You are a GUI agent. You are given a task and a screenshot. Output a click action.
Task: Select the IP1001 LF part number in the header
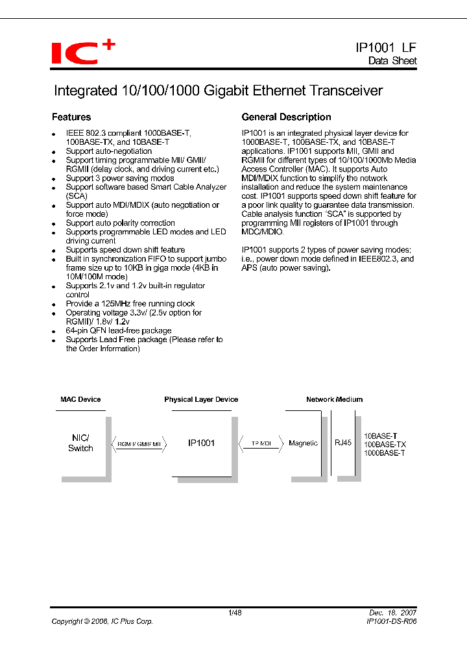(386, 47)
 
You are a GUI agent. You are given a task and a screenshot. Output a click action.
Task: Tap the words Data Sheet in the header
(392, 61)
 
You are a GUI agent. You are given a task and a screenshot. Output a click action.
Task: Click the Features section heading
(71, 118)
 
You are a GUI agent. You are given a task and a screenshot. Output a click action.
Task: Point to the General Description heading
(286, 118)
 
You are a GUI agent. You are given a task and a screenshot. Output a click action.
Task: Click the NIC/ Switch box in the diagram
(80, 443)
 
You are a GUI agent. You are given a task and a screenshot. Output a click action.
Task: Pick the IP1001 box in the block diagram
(201, 443)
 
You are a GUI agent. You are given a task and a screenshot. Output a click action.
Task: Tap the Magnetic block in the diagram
(303, 443)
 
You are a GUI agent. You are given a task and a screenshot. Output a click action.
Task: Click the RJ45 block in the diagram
(342, 443)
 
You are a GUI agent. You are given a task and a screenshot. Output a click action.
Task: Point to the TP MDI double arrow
(261, 443)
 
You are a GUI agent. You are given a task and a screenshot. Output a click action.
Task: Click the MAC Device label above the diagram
(80, 399)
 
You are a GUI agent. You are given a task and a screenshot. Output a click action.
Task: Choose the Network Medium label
(334, 399)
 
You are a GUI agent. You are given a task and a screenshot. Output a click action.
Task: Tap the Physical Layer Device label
(201, 399)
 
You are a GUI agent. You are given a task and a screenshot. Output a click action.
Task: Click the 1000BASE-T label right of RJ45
(385, 452)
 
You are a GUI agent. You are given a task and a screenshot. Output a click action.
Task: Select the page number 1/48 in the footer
(235, 612)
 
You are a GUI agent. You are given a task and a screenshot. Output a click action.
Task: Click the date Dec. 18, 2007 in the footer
(393, 612)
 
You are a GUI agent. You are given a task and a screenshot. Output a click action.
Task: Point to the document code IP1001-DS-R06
(391, 621)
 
